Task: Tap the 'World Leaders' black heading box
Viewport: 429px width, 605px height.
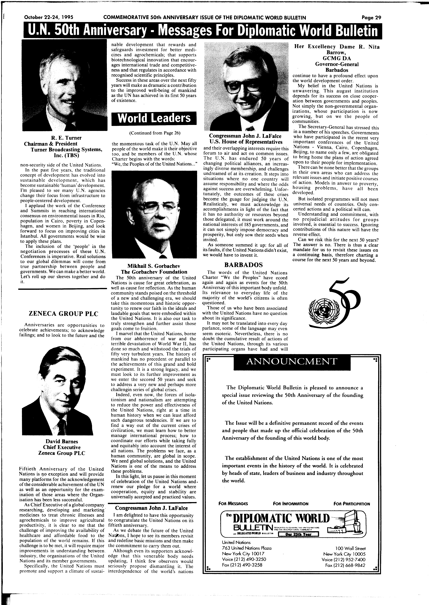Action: coord(154,118)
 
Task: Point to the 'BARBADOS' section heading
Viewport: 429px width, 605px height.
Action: coord(244,265)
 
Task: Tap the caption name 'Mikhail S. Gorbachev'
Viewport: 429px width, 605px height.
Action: coord(154,266)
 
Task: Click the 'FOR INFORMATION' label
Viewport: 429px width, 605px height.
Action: coord(291,504)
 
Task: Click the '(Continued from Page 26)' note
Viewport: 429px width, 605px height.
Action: coord(155,133)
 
